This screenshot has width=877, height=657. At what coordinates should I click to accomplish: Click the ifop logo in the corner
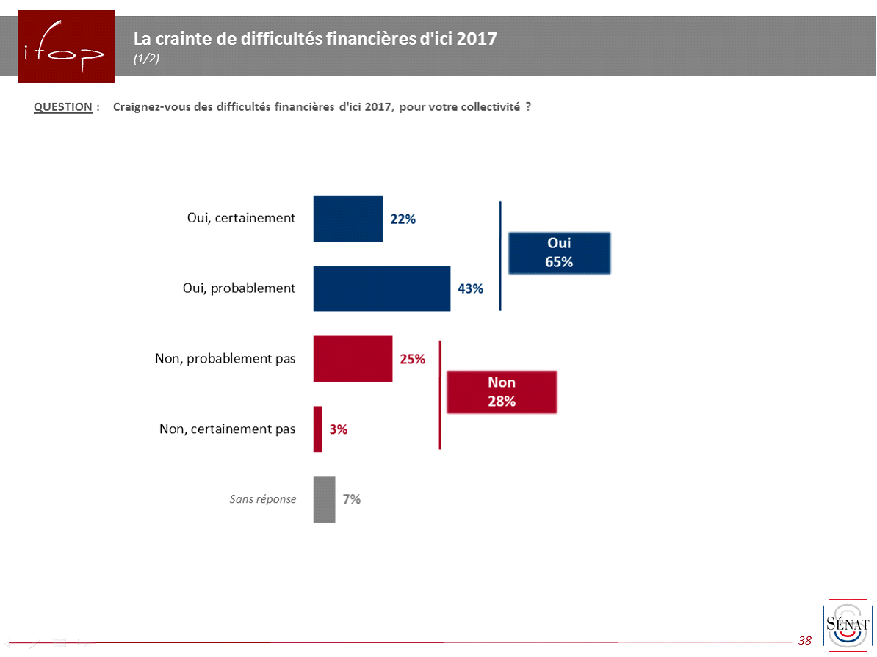pyautogui.click(x=66, y=46)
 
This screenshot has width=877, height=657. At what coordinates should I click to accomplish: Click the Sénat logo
pyautogui.click(x=847, y=625)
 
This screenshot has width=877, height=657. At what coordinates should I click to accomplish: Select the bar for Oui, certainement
pyautogui.click(x=348, y=219)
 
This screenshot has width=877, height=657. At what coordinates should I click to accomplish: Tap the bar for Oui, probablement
pyautogui.click(x=382, y=288)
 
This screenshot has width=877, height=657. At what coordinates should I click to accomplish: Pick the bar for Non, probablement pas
pyautogui.click(x=353, y=359)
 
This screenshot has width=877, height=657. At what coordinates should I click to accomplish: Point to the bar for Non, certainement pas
pyautogui.click(x=318, y=429)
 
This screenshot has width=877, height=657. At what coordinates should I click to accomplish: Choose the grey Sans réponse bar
pyautogui.click(x=324, y=499)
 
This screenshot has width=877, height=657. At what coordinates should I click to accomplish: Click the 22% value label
pyautogui.click(x=403, y=219)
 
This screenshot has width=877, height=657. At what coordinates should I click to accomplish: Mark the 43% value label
pyautogui.click(x=470, y=288)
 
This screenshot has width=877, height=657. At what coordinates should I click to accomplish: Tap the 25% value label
pyautogui.click(x=412, y=359)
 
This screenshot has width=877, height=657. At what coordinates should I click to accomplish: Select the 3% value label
pyautogui.click(x=338, y=429)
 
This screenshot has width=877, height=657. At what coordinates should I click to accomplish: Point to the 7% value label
pyautogui.click(x=352, y=499)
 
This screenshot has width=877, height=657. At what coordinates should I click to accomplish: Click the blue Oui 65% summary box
pyautogui.click(x=559, y=253)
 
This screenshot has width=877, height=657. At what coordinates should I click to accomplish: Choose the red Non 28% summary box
pyautogui.click(x=502, y=392)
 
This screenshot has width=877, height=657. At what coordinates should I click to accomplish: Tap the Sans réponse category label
pyautogui.click(x=263, y=499)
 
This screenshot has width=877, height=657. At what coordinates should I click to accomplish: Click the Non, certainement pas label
pyautogui.click(x=228, y=429)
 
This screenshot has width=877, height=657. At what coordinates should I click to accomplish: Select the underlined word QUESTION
pyautogui.click(x=63, y=107)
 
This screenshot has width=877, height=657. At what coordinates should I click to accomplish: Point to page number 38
pyautogui.click(x=805, y=641)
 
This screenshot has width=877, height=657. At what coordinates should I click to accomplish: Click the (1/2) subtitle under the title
pyautogui.click(x=146, y=59)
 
